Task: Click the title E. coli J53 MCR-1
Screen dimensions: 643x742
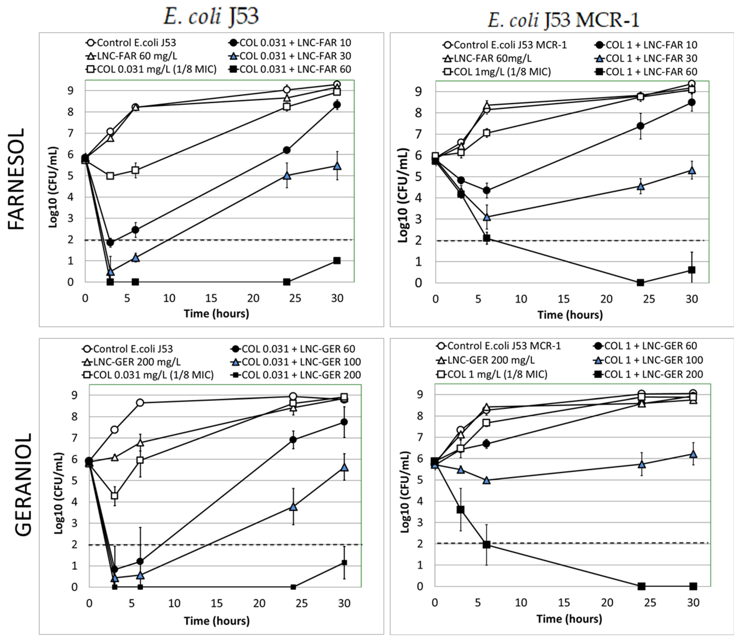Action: (x=563, y=20)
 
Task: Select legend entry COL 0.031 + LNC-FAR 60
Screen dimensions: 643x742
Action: (x=290, y=69)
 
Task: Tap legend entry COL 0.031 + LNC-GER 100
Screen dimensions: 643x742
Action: (x=295, y=362)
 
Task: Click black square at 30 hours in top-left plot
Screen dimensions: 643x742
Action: (x=336, y=261)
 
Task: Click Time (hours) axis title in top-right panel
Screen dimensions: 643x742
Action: (x=570, y=315)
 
